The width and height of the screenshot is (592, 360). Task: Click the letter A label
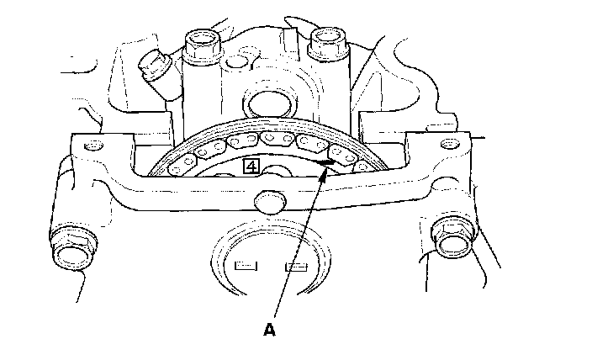[269, 331]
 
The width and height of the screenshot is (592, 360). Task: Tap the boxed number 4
[251, 166]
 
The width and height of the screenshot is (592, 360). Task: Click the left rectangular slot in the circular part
[246, 267]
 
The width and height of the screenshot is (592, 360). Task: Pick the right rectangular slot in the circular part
[295, 267]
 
